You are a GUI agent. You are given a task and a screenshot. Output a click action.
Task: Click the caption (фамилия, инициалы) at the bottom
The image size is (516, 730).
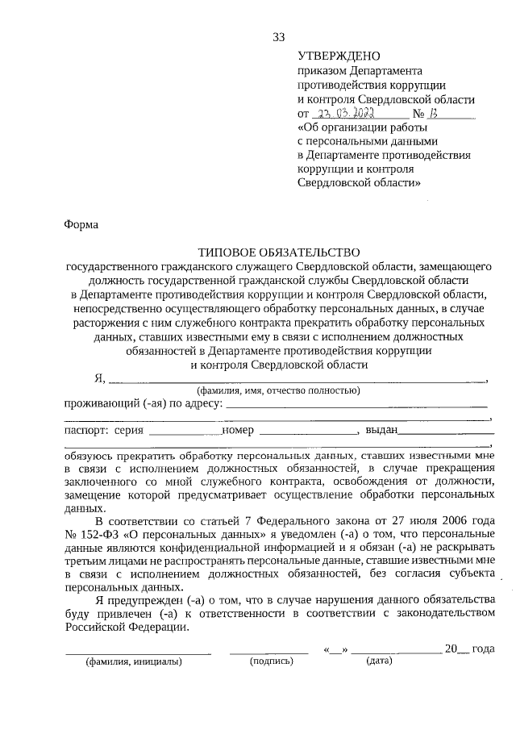[134, 661]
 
